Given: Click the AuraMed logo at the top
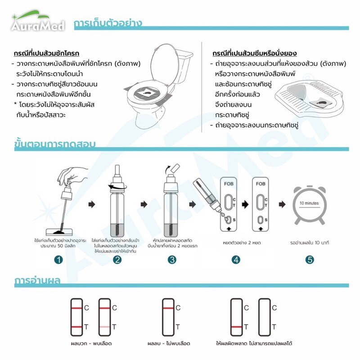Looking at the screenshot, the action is pos(38,21).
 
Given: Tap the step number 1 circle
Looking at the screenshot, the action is pos(58,260).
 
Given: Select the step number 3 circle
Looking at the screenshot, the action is pos(172,260).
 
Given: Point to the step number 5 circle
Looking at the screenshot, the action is pos(310,260).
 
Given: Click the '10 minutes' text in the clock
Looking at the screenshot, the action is pos(309,203).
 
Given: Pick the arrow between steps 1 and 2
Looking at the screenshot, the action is pos(92,204).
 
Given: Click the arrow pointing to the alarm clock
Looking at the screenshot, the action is pos(282,204).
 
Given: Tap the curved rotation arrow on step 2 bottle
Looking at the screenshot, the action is pos(117,187).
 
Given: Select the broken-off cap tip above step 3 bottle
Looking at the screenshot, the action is pos(175,168).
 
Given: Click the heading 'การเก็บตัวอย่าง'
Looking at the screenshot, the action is pos(108,23).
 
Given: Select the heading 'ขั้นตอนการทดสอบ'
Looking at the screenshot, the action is pos(55,144).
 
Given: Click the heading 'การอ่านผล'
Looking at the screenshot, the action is pos(37,280).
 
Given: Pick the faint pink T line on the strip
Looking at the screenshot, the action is pos(104,327).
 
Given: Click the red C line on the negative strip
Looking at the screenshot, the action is pos(168,308).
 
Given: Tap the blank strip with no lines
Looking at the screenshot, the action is pos(265,317).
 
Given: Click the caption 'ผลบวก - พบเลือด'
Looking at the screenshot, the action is pos(91,343).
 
